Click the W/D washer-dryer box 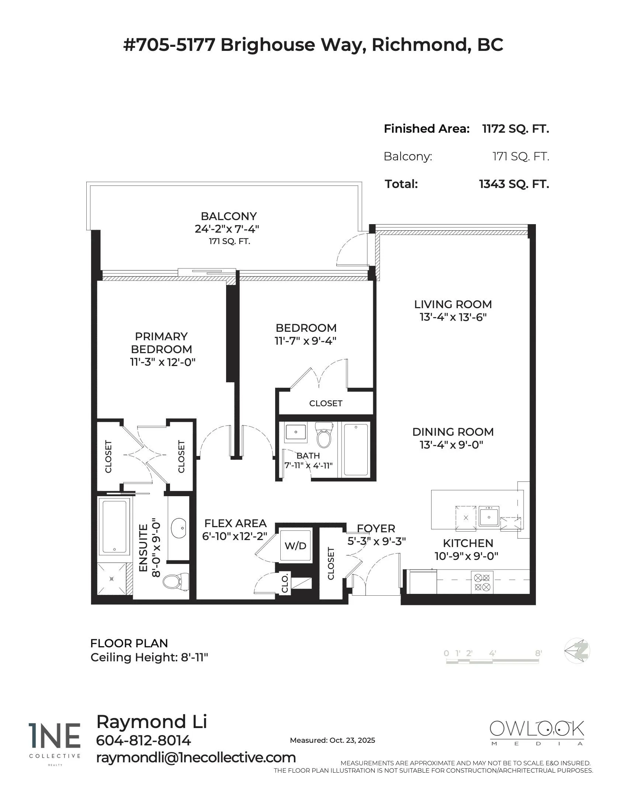point(295,546)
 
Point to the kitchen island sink point(488,516)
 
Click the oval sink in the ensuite point(179,527)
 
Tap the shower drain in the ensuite point(111,578)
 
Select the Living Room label point(453,304)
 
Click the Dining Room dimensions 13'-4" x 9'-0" point(451,445)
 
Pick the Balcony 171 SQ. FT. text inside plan point(229,241)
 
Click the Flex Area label point(236,523)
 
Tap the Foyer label point(376,528)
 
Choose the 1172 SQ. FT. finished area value point(515,129)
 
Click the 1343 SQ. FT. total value point(514,184)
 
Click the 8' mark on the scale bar point(538,653)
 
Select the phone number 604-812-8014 point(143,741)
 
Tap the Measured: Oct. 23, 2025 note point(332,740)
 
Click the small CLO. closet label point(285,584)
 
